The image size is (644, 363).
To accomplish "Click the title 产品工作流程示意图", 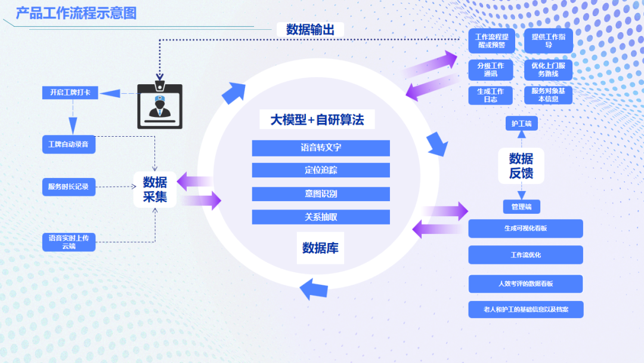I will click(76, 13).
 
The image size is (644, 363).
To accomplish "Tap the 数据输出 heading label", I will click(310, 29).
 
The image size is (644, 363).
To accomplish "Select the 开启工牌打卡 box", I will click(70, 93).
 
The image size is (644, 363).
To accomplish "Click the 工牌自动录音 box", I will click(69, 144).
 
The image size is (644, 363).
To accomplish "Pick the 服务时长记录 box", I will click(69, 187).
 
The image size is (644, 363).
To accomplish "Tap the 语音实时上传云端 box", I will click(69, 242).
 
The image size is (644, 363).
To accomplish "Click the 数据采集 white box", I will click(154, 189).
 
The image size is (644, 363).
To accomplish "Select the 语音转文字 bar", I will click(321, 148).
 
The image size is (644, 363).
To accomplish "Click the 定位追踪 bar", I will click(321, 170).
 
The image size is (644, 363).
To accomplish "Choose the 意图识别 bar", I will click(321, 194).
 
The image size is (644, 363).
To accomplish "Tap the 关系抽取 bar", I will click(321, 217).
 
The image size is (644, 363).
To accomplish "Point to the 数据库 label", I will click(320, 248).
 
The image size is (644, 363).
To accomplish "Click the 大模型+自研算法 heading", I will click(317, 119).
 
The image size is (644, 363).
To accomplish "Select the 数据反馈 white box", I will click(521, 166).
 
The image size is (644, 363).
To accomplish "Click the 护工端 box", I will click(521, 124).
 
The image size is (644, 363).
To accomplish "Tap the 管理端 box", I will click(521, 207).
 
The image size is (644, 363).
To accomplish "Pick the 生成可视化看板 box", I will click(525, 229).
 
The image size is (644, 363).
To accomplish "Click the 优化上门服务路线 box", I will click(548, 70).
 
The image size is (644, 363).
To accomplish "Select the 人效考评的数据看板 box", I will click(525, 284).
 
